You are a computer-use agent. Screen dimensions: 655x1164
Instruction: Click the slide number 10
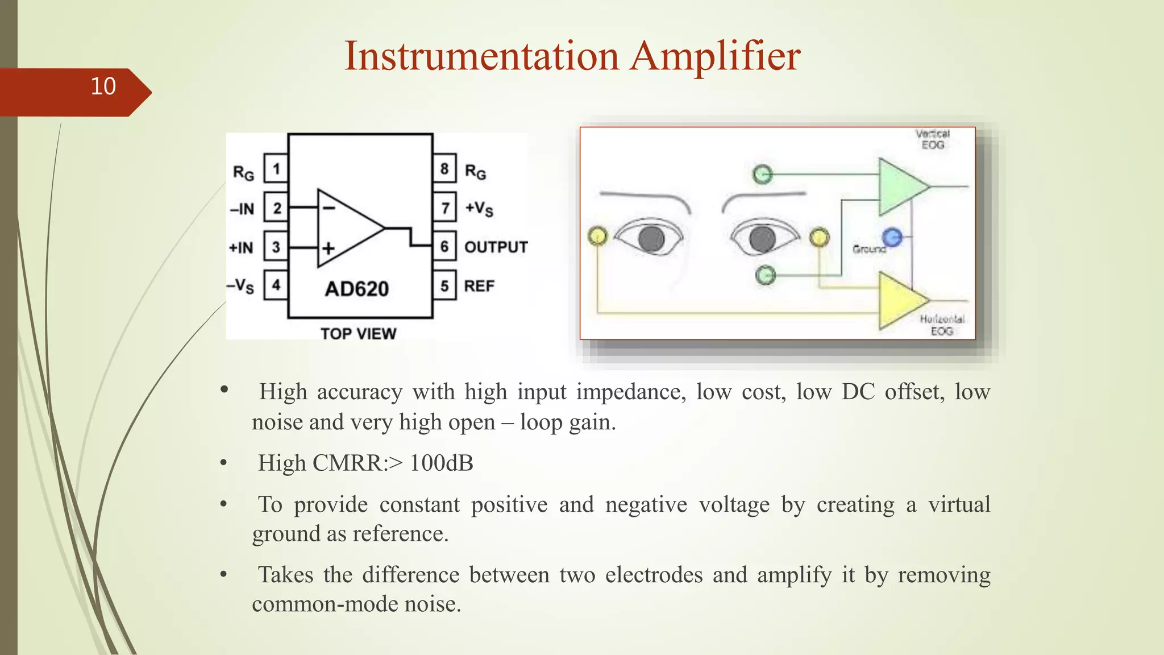[x=103, y=86]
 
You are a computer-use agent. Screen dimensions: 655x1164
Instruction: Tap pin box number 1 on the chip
[x=276, y=169]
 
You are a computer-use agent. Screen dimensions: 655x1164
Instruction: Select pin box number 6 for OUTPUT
[x=444, y=246]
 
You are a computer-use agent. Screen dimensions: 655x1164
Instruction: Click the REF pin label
[x=479, y=286]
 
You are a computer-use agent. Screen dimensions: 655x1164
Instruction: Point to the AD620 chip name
[x=357, y=289]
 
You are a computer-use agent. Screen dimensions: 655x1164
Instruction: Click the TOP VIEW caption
[x=358, y=333]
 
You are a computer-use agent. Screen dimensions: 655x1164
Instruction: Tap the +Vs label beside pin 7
[x=479, y=209]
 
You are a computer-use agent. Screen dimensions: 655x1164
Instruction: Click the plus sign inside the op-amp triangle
[x=329, y=248]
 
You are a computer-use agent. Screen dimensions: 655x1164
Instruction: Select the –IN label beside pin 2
[x=242, y=209]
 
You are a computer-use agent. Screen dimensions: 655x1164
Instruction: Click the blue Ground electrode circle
[x=892, y=237]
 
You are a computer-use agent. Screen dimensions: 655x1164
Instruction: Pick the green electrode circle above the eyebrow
[x=762, y=174]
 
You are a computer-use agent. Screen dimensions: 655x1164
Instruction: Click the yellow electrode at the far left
[x=597, y=235]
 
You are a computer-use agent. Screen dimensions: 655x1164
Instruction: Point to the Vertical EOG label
[x=933, y=139]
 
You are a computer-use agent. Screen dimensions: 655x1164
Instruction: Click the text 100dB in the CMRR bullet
[x=441, y=463]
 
